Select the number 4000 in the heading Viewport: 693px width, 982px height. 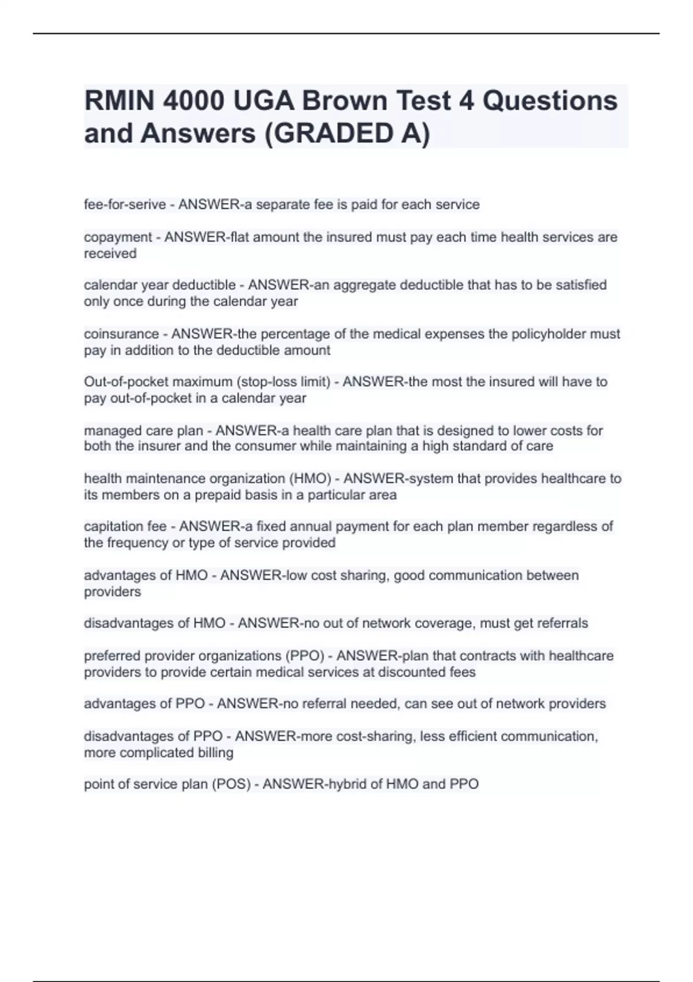pos(194,101)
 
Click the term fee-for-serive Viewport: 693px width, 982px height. pos(125,204)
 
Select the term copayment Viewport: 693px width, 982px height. pos(117,237)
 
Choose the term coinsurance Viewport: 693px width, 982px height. pos(121,334)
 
